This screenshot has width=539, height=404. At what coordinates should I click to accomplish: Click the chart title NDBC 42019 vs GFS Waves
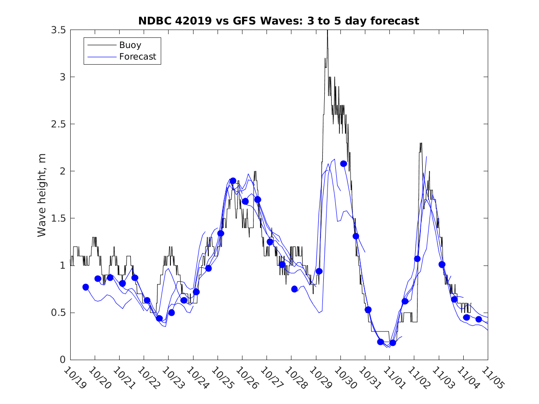(279, 21)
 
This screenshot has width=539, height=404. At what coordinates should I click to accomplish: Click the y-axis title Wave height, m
(42, 194)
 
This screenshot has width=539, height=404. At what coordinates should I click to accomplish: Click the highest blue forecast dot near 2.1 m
(344, 163)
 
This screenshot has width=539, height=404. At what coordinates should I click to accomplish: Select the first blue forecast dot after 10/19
(85, 287)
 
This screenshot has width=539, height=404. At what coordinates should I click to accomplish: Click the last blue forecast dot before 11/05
(478, 319)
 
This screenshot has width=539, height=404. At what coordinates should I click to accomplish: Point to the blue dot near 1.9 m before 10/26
(233, 181)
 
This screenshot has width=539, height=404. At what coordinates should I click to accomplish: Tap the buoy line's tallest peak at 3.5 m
(327, 30)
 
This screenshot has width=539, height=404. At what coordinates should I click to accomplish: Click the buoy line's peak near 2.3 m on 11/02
(421, 143)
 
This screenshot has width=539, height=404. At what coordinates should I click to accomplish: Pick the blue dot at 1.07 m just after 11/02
(417, 259)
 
